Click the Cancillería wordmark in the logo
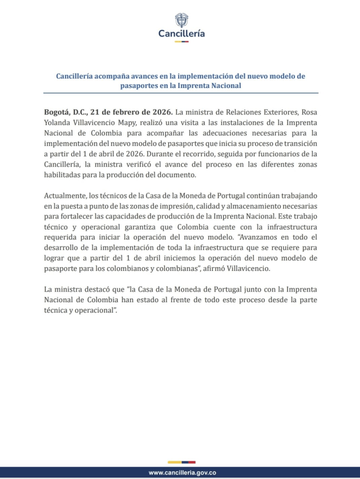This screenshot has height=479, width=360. tap(181, 33)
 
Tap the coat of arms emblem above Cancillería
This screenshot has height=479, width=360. tap(181, 19)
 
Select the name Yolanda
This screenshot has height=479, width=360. tap(59, 123)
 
